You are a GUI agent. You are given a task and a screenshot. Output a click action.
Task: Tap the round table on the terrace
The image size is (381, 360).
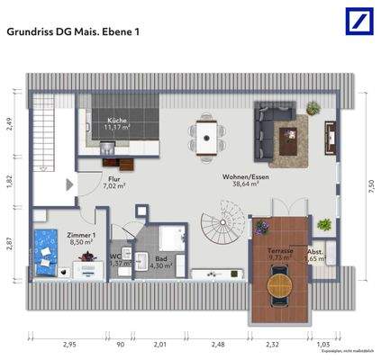(281, 289)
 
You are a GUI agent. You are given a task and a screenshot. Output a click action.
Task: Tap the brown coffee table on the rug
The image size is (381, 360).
(291, 137)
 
